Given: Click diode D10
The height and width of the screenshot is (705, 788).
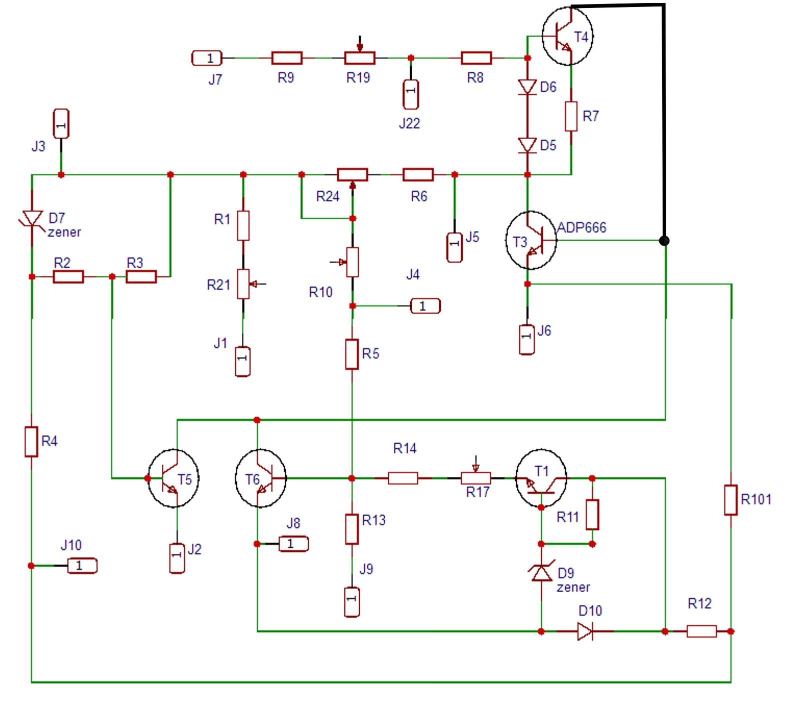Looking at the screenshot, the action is pos(585,631).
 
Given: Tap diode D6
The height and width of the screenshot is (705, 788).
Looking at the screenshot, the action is pos(527,87).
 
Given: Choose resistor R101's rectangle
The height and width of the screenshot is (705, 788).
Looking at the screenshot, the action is pos(731,499).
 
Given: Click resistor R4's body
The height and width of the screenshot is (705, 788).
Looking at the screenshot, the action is pos(31,441).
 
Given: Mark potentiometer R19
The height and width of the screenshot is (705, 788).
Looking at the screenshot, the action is pos(360,58).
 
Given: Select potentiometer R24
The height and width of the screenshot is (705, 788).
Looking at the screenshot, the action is pos(353,174).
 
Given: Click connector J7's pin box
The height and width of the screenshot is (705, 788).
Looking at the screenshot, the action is pos(207,58).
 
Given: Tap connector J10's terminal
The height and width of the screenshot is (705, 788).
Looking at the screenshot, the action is pos(82,565).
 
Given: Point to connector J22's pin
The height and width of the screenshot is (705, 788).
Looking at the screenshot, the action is pos(411,94).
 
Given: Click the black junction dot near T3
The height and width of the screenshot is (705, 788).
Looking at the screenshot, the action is pos(664,240).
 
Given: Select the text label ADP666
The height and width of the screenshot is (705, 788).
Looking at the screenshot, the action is pos(582,227).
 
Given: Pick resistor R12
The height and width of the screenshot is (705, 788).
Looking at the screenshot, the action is pos(702,631).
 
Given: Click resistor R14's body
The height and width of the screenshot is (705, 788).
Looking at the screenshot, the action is pos(403,478).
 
